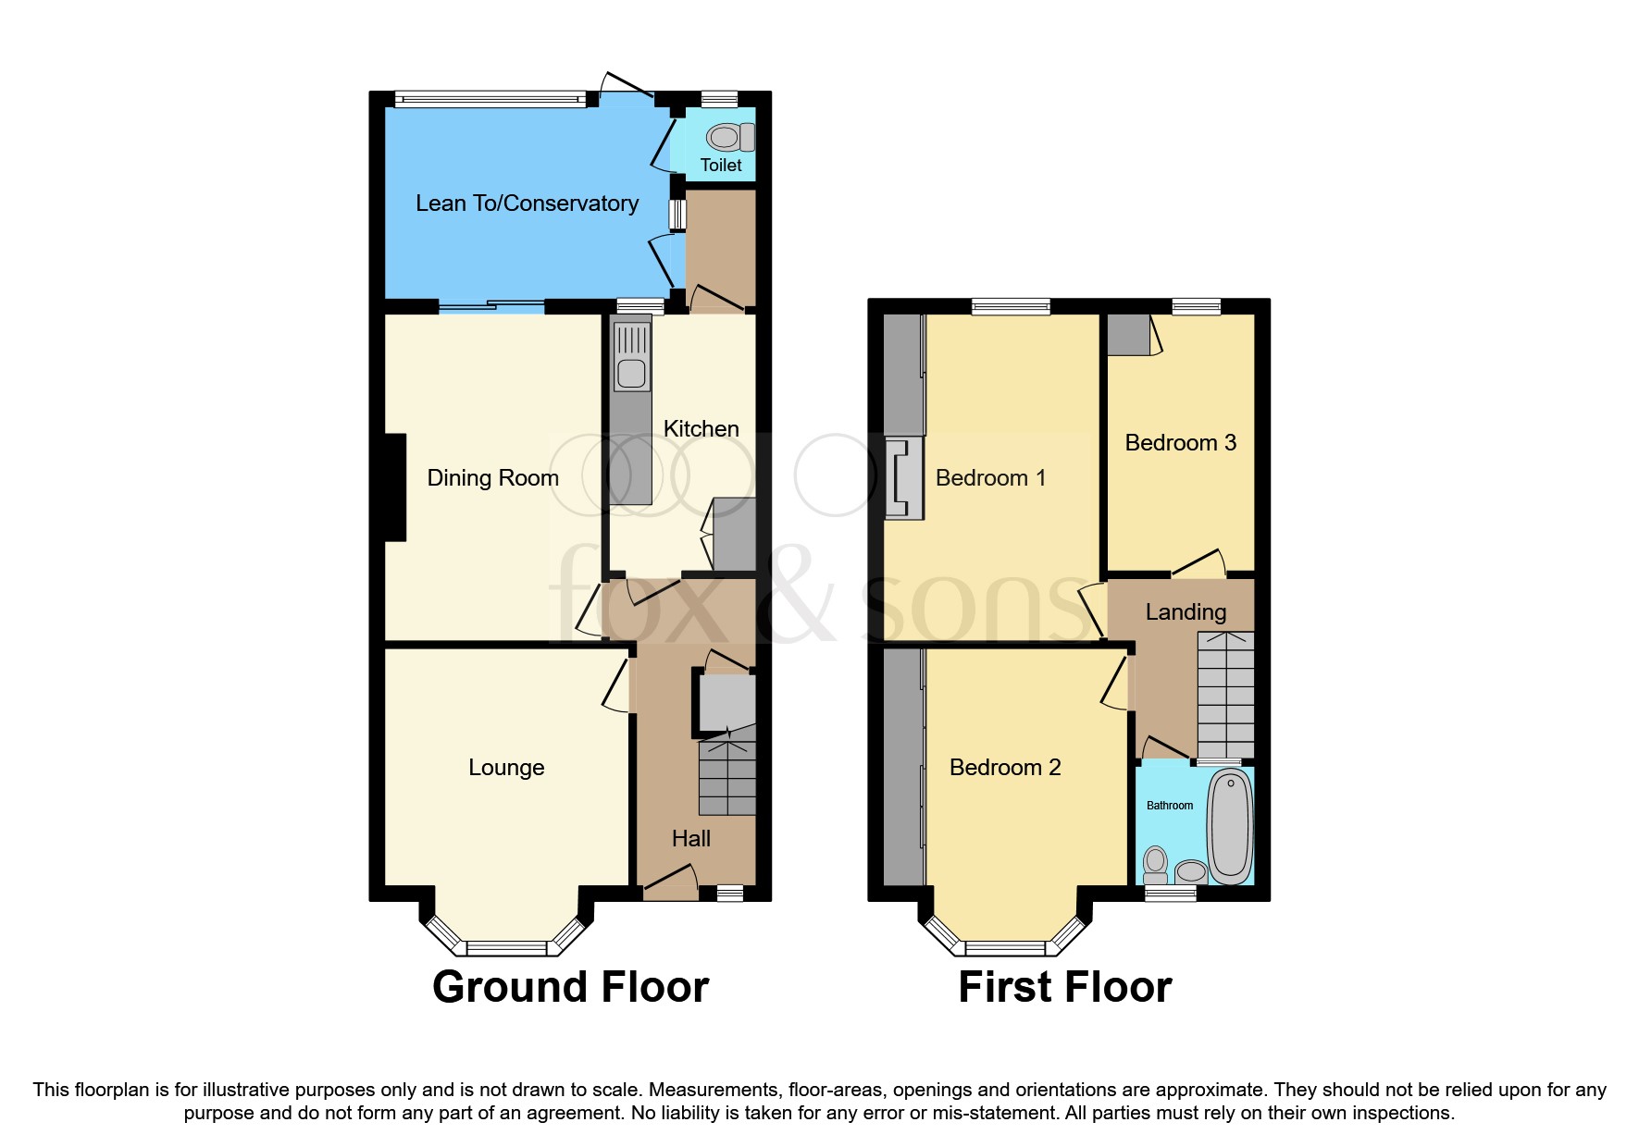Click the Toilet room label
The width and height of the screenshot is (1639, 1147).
721,166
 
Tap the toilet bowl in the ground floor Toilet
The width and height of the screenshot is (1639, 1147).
725,138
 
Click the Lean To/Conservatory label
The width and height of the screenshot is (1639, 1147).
527,203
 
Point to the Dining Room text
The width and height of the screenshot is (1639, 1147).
492,478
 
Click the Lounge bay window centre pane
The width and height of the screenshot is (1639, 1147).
506,947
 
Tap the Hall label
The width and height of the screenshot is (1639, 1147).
690,839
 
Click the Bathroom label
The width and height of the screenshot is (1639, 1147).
1170,806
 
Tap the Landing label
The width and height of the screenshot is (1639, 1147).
1186,612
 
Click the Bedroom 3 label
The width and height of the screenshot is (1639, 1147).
1180,443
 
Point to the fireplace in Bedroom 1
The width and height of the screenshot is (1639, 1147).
904,478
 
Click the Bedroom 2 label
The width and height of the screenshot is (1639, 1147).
1005,768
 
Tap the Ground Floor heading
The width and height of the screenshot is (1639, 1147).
570,987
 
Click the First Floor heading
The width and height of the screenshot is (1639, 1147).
1064,987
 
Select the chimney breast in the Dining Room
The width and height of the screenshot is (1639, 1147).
395,487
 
